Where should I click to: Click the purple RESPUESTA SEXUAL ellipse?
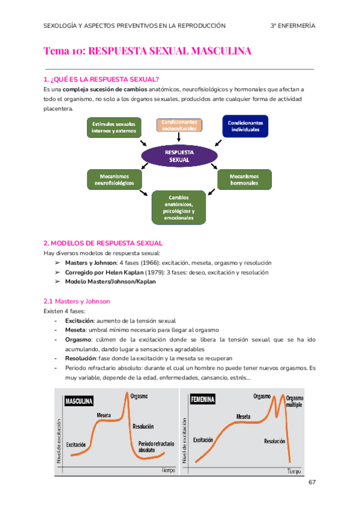pyautogui.click(x=179, y=157)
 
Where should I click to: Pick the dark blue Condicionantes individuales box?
pyautogui.click(x=246, y=126)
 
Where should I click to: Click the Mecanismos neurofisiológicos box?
pyautogui.click(x=114, y=179)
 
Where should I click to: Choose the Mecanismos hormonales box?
pyautogui.click(x=244, y=179)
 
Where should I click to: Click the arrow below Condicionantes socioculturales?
pyautogui.click(x=179, y=137)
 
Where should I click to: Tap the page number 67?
pyautogui.click(x=311, y=482)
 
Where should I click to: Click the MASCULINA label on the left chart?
pyautogui.click(x=79, y=400)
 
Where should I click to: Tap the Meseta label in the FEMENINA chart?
pyautogui.click(x=243, y=416)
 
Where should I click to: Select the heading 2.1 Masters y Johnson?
pyautogui.click(x=77, y=301)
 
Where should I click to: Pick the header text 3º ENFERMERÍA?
pyautogui.click(x=293, y=26)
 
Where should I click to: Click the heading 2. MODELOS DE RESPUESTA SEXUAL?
pyautogui.click(x=103, y=243)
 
